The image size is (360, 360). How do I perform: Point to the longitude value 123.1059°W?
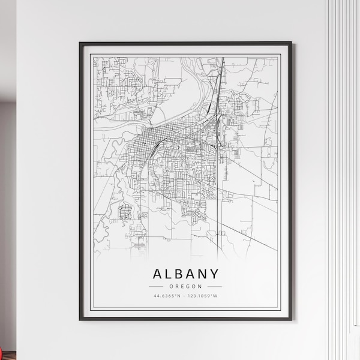click(202, 296)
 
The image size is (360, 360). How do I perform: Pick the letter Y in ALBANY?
click(214, 274)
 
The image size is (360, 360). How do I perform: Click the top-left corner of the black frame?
click(81, 43)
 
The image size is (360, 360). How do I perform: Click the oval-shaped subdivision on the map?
click(127, 211)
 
